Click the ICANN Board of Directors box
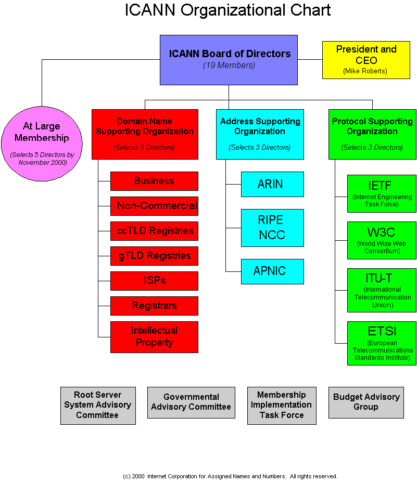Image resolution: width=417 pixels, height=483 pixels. [x=229, y=60]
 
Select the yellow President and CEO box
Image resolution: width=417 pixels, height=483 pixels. [x=366, y=60]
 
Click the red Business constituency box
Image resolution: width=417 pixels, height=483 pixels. [x=154, y=181]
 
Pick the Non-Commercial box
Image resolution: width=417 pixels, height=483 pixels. [x=154, y=206]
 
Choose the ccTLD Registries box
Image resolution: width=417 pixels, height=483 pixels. [x=154, y=231]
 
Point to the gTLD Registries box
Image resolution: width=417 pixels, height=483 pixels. [x=154, y=256]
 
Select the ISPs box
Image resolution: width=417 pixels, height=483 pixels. [x=154, y=281]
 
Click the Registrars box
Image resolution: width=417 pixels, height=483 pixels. [x=154, y=306]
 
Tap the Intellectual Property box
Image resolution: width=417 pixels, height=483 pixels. [x=154, y=337]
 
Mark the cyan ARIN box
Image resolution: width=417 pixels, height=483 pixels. [x=272, y=184]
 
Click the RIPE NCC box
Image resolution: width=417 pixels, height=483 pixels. [x=272, y=228]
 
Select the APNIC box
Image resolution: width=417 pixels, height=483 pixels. [x=272, y=271]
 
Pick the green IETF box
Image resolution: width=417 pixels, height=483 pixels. [x=382, y=193]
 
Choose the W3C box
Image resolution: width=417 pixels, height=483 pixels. [x=382, y=240]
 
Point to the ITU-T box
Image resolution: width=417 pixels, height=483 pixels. [x=382, y=290]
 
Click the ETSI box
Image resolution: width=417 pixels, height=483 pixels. [x=382, y=343]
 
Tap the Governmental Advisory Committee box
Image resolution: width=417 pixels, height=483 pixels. [x=191, y=402]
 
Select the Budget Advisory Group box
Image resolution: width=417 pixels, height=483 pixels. [x=366, y=402]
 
